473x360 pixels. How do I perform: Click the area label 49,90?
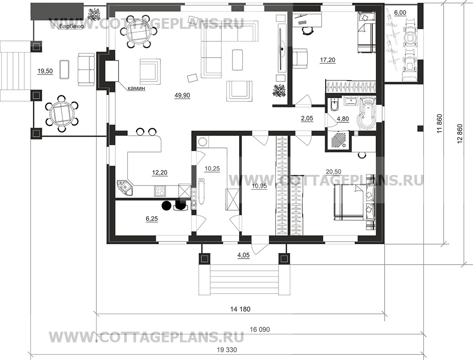tap(182, 95)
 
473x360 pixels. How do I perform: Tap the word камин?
tap(136, 88)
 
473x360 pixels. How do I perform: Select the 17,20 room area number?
tap(327, 60)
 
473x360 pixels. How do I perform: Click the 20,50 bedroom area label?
tap(333, 172)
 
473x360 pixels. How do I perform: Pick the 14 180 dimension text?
tap(240, 309)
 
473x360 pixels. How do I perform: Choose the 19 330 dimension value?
tap(227, 350)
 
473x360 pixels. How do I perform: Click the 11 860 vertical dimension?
tap(440, 124)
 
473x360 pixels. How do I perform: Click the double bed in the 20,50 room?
tap(353, 202)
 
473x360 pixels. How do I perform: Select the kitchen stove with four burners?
tap(160, 191)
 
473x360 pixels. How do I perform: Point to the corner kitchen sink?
tap(124, 187)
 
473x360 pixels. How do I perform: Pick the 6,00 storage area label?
tap(400, 13)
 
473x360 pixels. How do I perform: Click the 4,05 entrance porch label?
tap(243, 255)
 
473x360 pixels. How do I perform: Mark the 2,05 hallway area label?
tap(307, 119)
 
